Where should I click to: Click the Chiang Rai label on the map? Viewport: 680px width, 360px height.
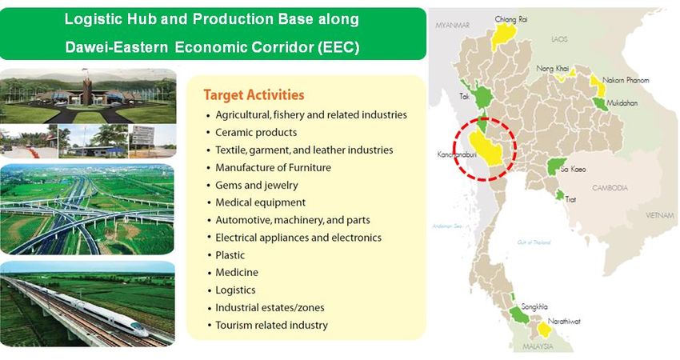click(x=511, y=19)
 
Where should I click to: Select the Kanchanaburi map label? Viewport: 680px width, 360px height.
click(x=457, y=154)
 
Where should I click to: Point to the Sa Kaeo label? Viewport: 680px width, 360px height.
click(x=573, y=169)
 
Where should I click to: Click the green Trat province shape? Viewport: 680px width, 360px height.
click(x=560, y=194)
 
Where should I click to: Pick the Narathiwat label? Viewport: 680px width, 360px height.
click(x=564, y=322)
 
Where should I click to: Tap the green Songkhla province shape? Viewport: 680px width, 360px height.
click(x=519, y=315)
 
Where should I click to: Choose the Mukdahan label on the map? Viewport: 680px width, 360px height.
click(x=622, y=103)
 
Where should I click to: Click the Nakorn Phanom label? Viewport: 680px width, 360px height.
click(x=626, y=80)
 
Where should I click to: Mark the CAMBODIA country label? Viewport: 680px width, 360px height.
click(x=610, y=188)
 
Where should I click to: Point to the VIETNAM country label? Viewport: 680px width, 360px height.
click(x=660, y=215)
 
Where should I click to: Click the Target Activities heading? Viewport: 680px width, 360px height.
click(x=254, y=95)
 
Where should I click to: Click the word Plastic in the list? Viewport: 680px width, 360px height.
click(x=230, y=255)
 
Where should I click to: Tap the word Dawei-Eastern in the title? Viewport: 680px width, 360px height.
click(x=116, y=47)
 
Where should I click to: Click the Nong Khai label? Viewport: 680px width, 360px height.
click(x=553, y=69)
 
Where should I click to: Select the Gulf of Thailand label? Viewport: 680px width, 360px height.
click(x=534, y=242)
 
